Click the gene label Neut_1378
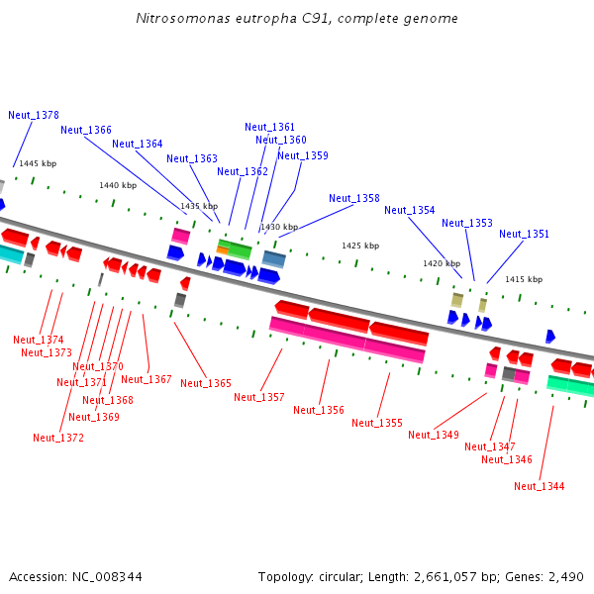[x=34, y=115]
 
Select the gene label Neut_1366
[x=86, y=130]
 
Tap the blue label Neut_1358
[x=354, y=198]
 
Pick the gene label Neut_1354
[x=410, y=210]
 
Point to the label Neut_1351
[x=525, y=234]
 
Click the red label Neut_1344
[x=540, y=486]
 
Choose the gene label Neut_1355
[x=377, y=423]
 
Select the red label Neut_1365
[x=206, y=383]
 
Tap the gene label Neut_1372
[x=58, y=438]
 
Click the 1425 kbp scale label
[x=360, y=246]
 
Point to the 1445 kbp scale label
[x=38, y=163]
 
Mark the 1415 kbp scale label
[x=524, y=280]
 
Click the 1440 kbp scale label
[x=118, y=185]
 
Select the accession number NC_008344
[x=104, y=576]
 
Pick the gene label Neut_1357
[x=259, y=397]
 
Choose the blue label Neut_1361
[x=270, y=127]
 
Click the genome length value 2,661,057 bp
[x=456, y=576]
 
